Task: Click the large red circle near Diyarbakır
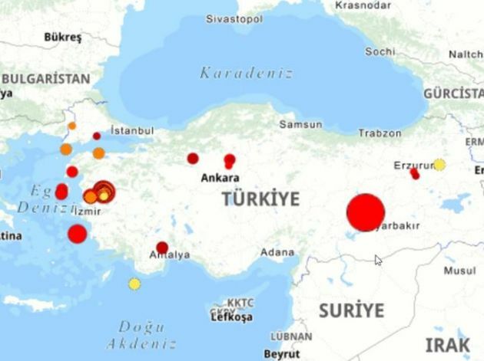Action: coord(366,212)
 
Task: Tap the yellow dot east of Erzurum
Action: coord(439,164)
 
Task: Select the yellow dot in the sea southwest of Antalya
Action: coord(134,284)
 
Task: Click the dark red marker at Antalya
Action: coord(162,248)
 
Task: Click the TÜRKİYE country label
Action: coord(260,199)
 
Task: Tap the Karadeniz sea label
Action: coord(246,74)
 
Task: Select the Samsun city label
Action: coord(295,123)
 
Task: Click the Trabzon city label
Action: coord(380,133)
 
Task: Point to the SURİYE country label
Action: coord(351,310)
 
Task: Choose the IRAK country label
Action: coord(447,343)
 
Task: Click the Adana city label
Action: coord(277,252)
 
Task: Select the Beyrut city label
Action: coord(281,354)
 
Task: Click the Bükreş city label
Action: coord(63,36)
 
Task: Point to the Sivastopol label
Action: coord(234,17)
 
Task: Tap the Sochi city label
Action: coord(380,52)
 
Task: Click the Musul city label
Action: coord(459,271)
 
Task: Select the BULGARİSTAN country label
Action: coord(45,79)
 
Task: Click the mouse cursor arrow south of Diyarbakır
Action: coord(377,259)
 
